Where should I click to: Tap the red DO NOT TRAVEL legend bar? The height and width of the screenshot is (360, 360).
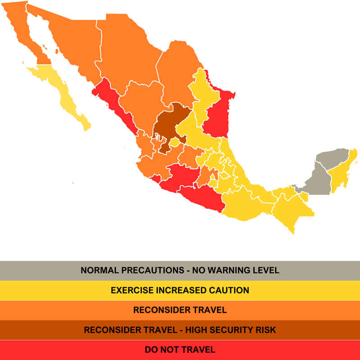[x=180, y=350]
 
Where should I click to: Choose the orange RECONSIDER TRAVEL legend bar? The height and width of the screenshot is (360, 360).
[x=180, y=310]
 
